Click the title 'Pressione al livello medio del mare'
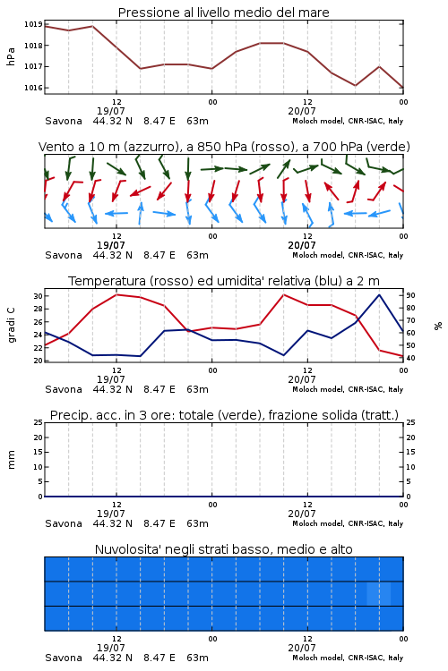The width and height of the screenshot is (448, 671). [223, 13]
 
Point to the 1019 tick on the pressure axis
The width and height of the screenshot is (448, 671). [33, 24]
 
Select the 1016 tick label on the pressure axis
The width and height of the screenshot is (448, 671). [33, 88]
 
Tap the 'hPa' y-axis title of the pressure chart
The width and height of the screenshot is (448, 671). [11, 56]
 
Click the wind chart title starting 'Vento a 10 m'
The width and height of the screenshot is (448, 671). [224, 147]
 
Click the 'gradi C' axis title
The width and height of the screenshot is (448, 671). [11, 326]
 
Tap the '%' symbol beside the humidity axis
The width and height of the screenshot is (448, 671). [438, 326]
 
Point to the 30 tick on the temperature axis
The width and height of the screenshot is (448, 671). [38, 296]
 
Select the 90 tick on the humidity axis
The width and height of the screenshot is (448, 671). [410, 295]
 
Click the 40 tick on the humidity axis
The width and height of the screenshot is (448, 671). [410, 358]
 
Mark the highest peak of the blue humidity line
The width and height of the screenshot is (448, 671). [379, 294]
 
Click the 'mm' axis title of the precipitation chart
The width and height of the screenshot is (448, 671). [11, 460]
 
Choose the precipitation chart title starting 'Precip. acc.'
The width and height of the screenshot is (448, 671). [224, 415]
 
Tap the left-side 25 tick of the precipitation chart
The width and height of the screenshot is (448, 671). [38, 422]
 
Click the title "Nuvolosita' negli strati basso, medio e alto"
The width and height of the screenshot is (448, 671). [223, 549]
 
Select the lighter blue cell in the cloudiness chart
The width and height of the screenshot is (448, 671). [379, 593]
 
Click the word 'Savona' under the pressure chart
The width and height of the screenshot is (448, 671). [64, 121]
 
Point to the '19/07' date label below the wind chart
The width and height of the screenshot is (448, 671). [110, 246]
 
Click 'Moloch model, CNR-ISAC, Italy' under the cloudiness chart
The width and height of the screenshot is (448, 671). [348, 658]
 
